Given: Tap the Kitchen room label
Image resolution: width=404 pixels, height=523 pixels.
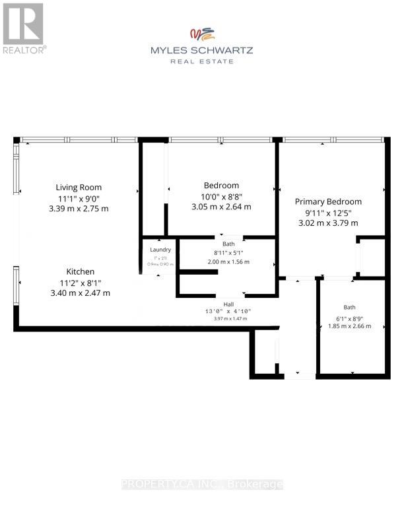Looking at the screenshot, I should [80, 271].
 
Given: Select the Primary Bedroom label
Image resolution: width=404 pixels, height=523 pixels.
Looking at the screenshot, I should [328, 201].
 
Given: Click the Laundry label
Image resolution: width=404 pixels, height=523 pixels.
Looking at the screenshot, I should [160, 250].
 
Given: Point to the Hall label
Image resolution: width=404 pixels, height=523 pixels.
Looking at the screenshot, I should [228, 304].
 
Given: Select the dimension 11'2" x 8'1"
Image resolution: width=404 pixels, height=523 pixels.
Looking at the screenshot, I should [80, 283].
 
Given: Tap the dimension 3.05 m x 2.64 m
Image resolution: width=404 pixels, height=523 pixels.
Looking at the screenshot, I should [221, 206].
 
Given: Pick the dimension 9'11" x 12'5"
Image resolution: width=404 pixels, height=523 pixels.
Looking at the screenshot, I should [328, 213].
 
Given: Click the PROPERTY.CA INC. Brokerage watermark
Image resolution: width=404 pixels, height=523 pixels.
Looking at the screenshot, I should [202, 484].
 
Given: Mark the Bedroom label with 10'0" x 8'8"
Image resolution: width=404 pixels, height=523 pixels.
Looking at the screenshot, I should [221, 185].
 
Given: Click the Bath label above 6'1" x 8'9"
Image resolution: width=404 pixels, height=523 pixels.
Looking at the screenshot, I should [349, 307].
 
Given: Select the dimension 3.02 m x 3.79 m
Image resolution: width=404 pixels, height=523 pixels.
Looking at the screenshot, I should [328, 223].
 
